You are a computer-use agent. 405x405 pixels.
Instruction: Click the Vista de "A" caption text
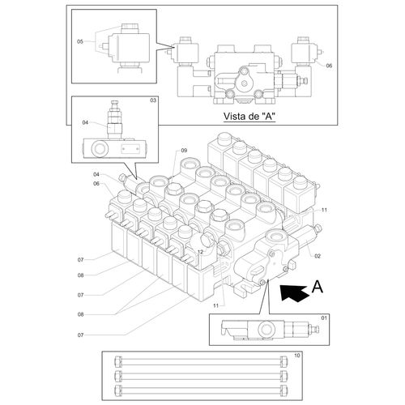click(x=249, y=117)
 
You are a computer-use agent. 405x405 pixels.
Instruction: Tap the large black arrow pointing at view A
click(x=294, y=292)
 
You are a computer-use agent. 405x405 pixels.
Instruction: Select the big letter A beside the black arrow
click(x=317, y=287)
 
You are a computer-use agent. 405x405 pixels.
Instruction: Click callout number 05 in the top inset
click(x=80, y=41)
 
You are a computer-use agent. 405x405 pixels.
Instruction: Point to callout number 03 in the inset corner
click(x=153, y=100)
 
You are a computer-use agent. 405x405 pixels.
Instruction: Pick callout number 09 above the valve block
click(x=184, y=151)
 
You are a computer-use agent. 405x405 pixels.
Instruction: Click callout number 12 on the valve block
click(x=200, y=252)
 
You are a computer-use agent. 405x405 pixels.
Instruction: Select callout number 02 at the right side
click(x=318, y=256)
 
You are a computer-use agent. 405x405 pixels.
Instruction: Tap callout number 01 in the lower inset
click(x=324, y=318)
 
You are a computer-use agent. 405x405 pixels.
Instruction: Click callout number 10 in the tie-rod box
click(x=297, y=356)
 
